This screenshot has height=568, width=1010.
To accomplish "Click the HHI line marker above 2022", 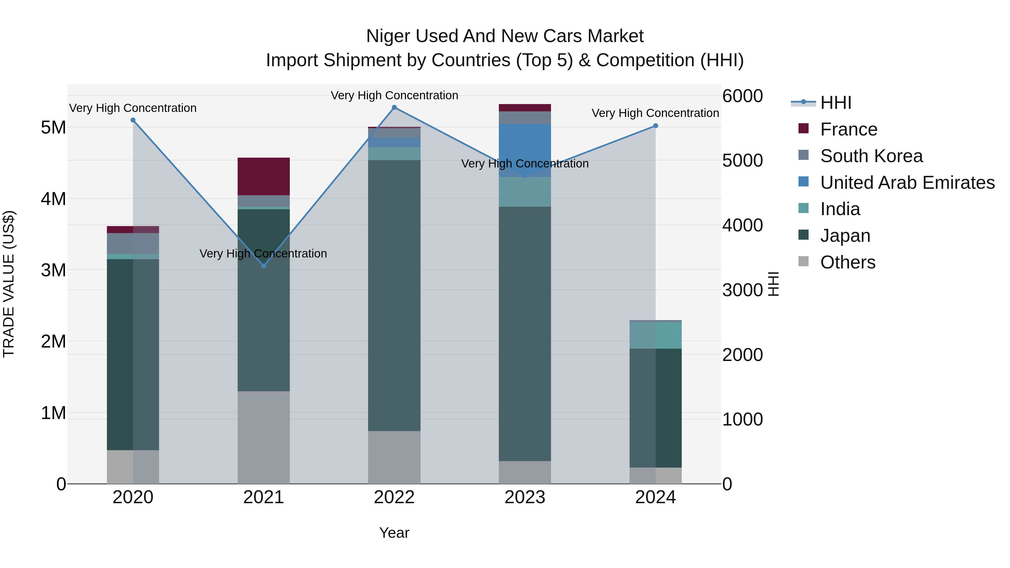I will pyautogui.click(x=394, y=107).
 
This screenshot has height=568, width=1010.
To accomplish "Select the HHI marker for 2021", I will pyautogui.click(x=263, y=266).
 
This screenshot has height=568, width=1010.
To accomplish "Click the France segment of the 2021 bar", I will pyautogui.click(x=263, y=176).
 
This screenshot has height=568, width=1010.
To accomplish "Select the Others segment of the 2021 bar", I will pyautogui.click(x=263, y=437).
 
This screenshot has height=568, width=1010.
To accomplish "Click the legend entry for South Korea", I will pyautogui.click(x=871, y=156).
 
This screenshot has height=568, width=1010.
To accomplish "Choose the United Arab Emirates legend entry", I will pyautogui.click(x=907, y=183).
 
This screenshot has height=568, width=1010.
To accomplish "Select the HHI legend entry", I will pyautogui.click(x=835, y=103).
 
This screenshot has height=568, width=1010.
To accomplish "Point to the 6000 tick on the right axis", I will pyautogui.click(x=742, y=96).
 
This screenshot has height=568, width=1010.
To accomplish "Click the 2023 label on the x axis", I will pyautogui.click(x=525, y=497).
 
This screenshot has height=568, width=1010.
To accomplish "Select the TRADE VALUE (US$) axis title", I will pyautogui.click(x=9, y=284).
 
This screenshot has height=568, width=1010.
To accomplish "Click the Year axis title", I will pyautogui.click(x=394, y=533).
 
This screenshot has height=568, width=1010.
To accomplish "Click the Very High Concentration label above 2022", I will pyautogui.click(x=394, y=95).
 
